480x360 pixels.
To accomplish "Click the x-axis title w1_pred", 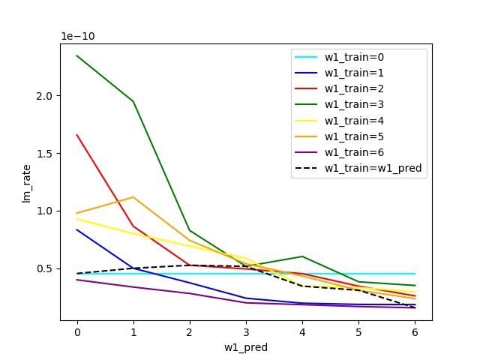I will [245, 347].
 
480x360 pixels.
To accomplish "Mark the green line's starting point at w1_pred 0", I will [77, 55].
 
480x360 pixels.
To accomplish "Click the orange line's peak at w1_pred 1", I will [133, 197].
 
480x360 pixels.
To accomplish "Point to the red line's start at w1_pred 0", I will [77, 135].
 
